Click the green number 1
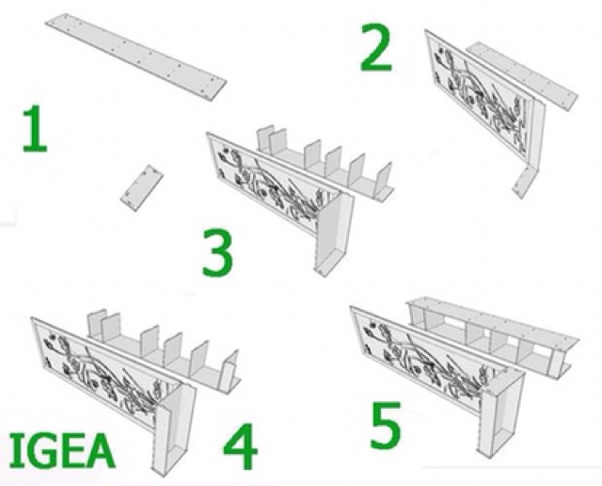35,128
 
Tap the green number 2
376,47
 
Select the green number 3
217,252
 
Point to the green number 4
241,446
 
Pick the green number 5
386,426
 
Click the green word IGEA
61,450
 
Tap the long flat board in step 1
135,57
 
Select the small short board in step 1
142,187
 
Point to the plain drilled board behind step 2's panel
521,75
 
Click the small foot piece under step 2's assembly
525,183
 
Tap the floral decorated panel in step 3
269,183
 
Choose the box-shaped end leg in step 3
334,235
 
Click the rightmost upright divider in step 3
384,180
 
